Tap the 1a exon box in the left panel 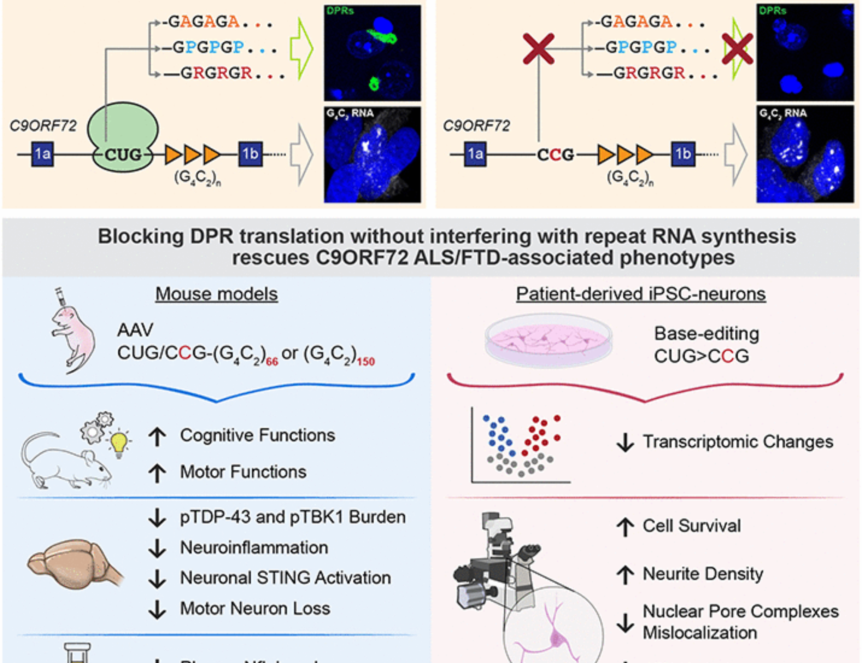[43, 154]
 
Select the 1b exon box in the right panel [683, 154]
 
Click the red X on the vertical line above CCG [538, 49]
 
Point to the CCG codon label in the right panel [556, 155]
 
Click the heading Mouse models [216, 294]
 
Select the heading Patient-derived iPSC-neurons [641, 294]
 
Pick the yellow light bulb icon [119, 443]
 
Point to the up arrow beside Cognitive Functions [157, 436]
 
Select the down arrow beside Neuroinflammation [157, 548]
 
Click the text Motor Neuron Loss [255, 609]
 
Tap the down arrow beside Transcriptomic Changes [625, 442]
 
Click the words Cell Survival [692, 526]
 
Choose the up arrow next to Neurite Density [625, 574]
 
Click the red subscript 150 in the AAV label [365, 361]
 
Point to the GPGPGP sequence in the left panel [209, 47]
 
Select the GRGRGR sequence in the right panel [649, 73]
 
